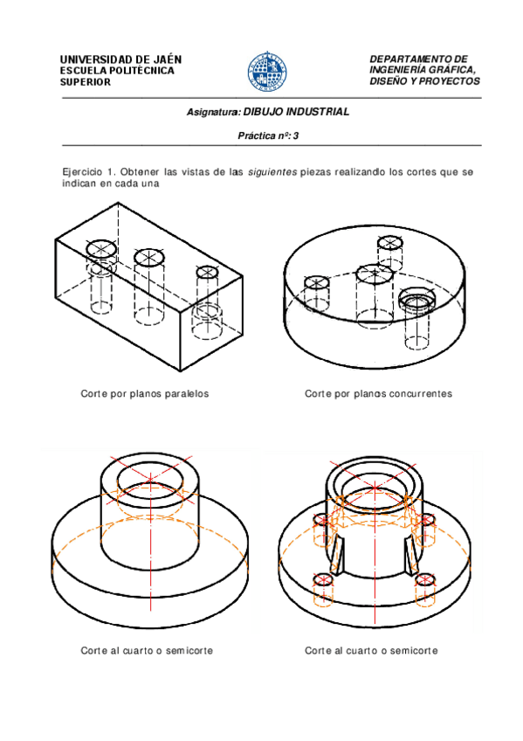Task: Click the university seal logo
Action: pyautogui.click(x=267, y=72)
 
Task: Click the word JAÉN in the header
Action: pyautogui.click(x=167, y=59)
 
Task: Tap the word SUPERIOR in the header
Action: pyautogui.click(x=86, y=82)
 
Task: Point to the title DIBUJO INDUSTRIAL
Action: pyautogui.click(x=296, y=112)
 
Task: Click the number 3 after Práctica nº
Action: pyautogui.click(x=295, y=136)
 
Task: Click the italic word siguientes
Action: pyautogui.click(x=272, y=172)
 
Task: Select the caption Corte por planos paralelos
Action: pyautogui.click(x=144, y=393)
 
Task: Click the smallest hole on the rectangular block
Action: pyautogui.click(x=206, y=272)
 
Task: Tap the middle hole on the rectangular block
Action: pyautogui.click(x=149, y=257)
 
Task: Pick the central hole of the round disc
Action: pyautogui.click(x=375, y=274)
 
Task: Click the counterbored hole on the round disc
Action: pyautogui.click(x=416, y=299)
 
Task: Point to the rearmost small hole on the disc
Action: pyautogui.click(x=390, y=243)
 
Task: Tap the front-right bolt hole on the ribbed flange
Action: pyautogui.click(x=425, y=580)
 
